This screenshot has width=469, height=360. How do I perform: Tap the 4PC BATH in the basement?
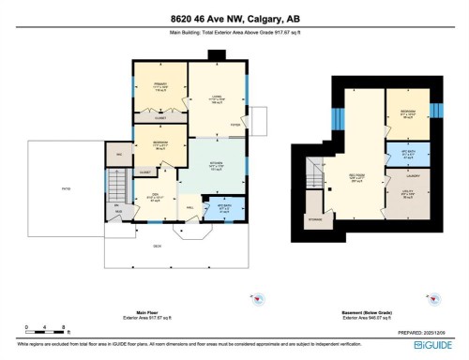coord(408,152)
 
